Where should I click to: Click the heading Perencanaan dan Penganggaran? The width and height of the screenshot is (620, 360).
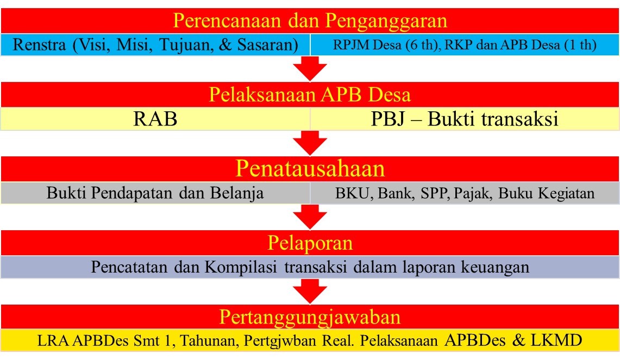[310, 21]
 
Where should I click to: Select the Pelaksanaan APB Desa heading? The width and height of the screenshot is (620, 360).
[310, 94]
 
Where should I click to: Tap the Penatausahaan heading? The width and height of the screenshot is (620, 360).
[310, 169]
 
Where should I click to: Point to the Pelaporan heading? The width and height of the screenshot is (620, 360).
[310, 243]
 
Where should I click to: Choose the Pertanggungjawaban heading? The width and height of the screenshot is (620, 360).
[310, 317]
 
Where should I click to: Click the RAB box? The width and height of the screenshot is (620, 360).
[155, 119]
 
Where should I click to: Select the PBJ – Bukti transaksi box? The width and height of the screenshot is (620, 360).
[465, 119]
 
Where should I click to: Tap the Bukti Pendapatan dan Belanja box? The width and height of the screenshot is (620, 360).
[155, 193]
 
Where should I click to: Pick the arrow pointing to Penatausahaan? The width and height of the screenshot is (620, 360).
[310, 143]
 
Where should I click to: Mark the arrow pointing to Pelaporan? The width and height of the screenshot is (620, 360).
[310, 217]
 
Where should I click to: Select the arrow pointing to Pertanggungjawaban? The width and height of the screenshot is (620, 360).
[310, 291]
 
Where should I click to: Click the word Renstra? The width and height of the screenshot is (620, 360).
[40, 45]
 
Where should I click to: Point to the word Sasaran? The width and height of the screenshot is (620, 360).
[268, 45]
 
